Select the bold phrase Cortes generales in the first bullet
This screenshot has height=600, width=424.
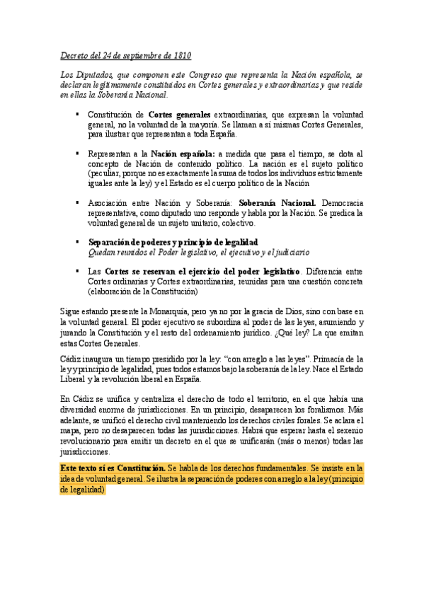pyautogui.click(x=180, y=114)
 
